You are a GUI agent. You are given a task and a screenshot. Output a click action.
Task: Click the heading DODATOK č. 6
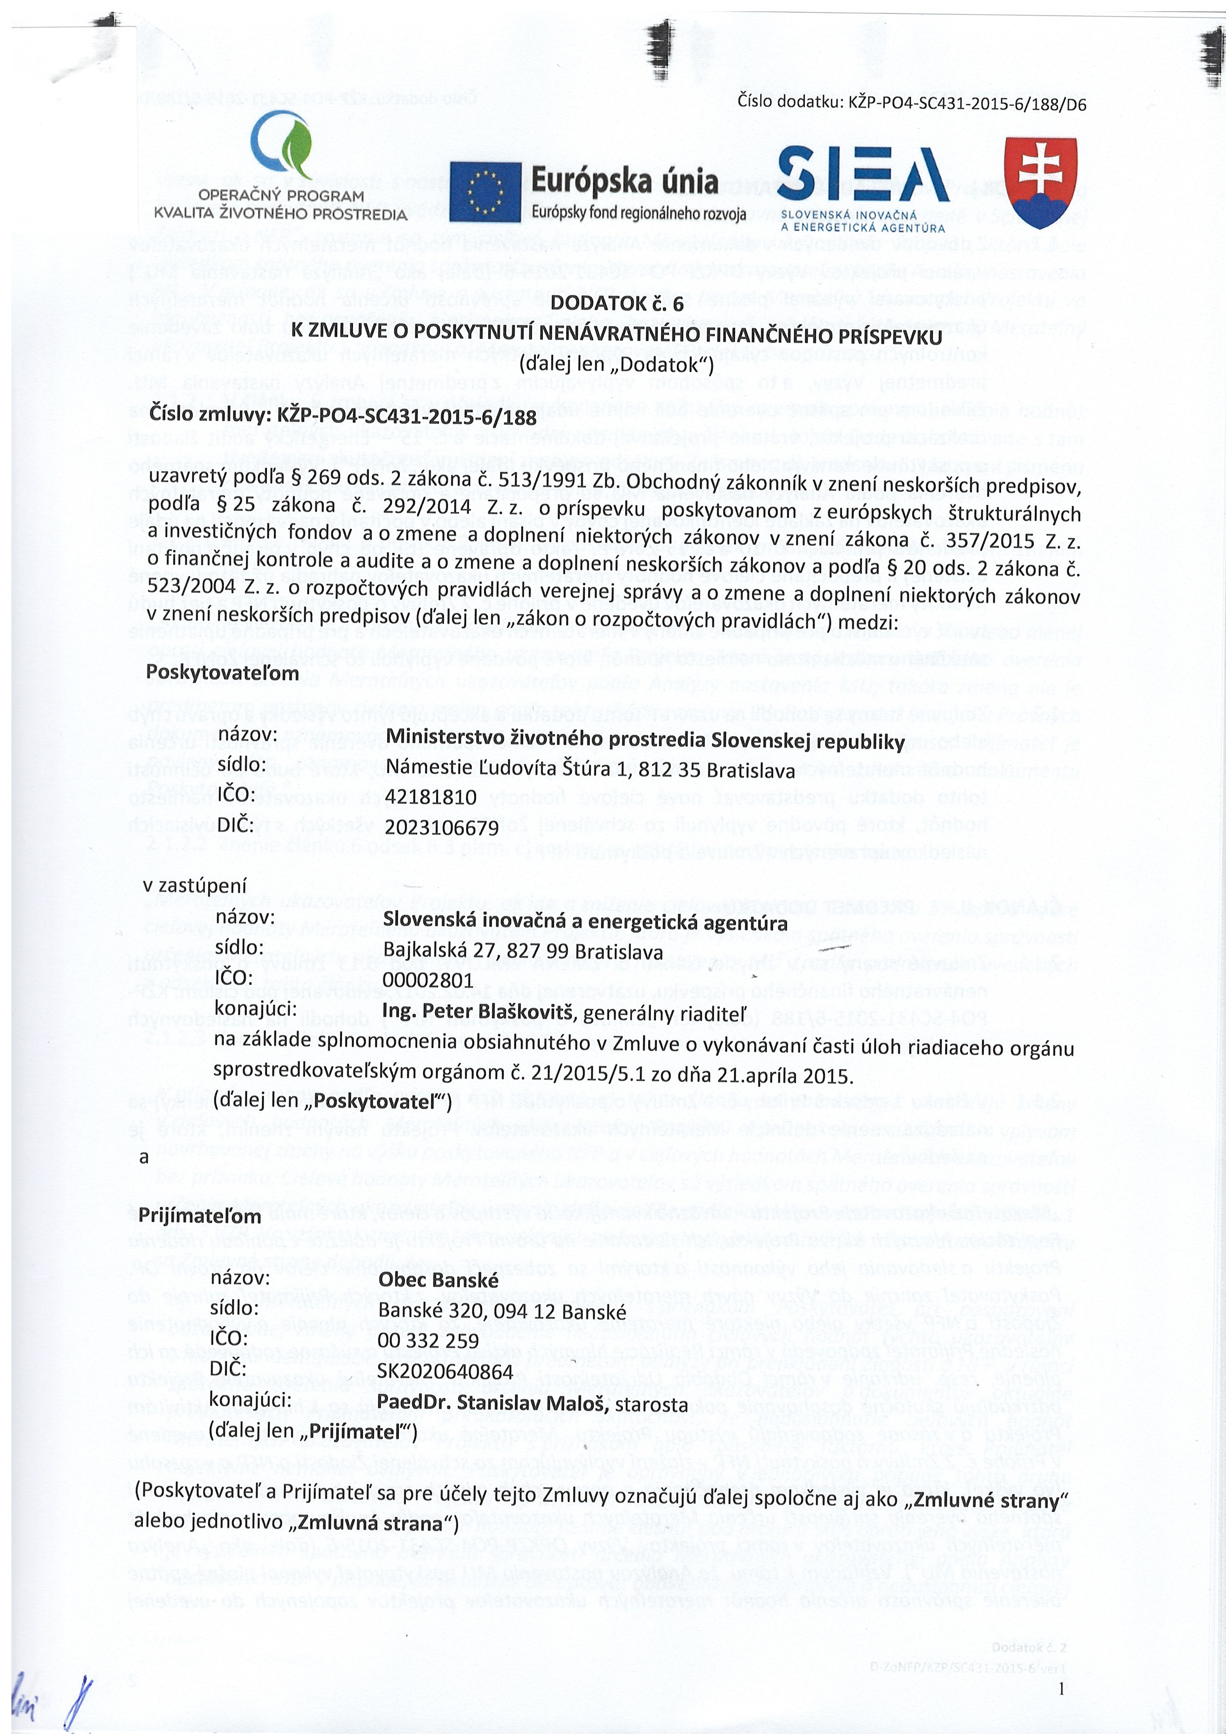[x=616, y=303]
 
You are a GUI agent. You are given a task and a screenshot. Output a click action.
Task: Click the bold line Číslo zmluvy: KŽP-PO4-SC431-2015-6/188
[x=343, y=416]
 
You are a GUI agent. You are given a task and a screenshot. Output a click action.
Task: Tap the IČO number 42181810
[x=431, y=797]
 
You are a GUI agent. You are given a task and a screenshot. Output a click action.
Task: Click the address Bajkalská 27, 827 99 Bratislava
[x=523, y=951]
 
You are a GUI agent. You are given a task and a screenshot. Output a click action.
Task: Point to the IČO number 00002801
[x=428, y=980]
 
